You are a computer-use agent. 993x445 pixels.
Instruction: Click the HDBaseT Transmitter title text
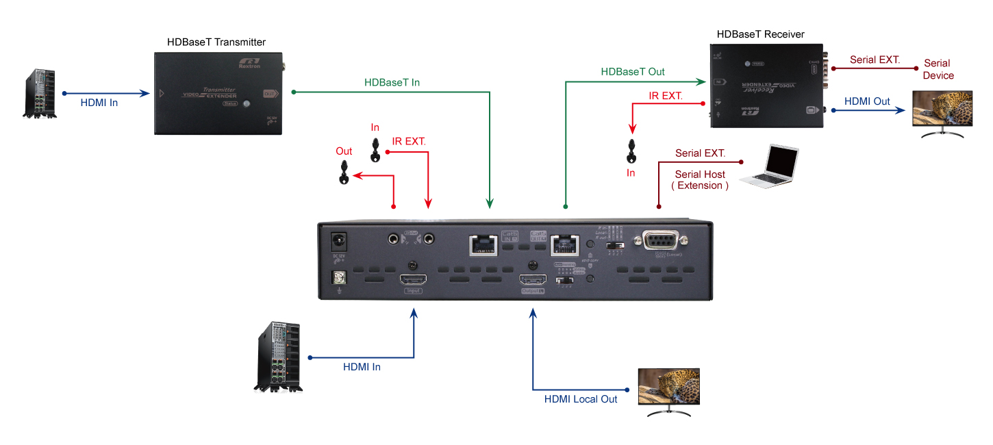pos(216,42)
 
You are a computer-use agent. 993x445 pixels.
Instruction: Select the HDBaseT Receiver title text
pos(760,34)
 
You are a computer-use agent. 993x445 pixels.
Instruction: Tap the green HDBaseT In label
pos(392,82)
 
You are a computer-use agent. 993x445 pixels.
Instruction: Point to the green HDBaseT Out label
pos(632,71)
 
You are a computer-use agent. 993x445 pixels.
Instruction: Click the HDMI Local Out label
pos(581,399)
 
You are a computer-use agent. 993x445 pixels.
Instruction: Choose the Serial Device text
pos(938,69)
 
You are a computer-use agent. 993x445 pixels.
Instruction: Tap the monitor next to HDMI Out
pos(943,113)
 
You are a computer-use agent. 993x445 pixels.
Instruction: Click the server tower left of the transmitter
pos(39,93)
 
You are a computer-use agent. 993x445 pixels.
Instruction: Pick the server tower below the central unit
pos(279,357)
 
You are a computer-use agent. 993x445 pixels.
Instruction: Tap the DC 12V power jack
pos(338,242)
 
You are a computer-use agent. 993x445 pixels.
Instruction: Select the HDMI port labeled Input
pos(413,280)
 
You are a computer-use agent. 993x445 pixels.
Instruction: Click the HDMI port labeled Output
pos(532,280)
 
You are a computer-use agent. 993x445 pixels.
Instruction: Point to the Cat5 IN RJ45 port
pos(484,244)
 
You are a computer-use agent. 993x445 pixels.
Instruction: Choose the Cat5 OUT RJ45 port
pos(565,243)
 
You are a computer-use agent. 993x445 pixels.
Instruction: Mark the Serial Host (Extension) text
pos(700,179)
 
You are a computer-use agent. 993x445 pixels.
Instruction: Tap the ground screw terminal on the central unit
pos(338,277)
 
